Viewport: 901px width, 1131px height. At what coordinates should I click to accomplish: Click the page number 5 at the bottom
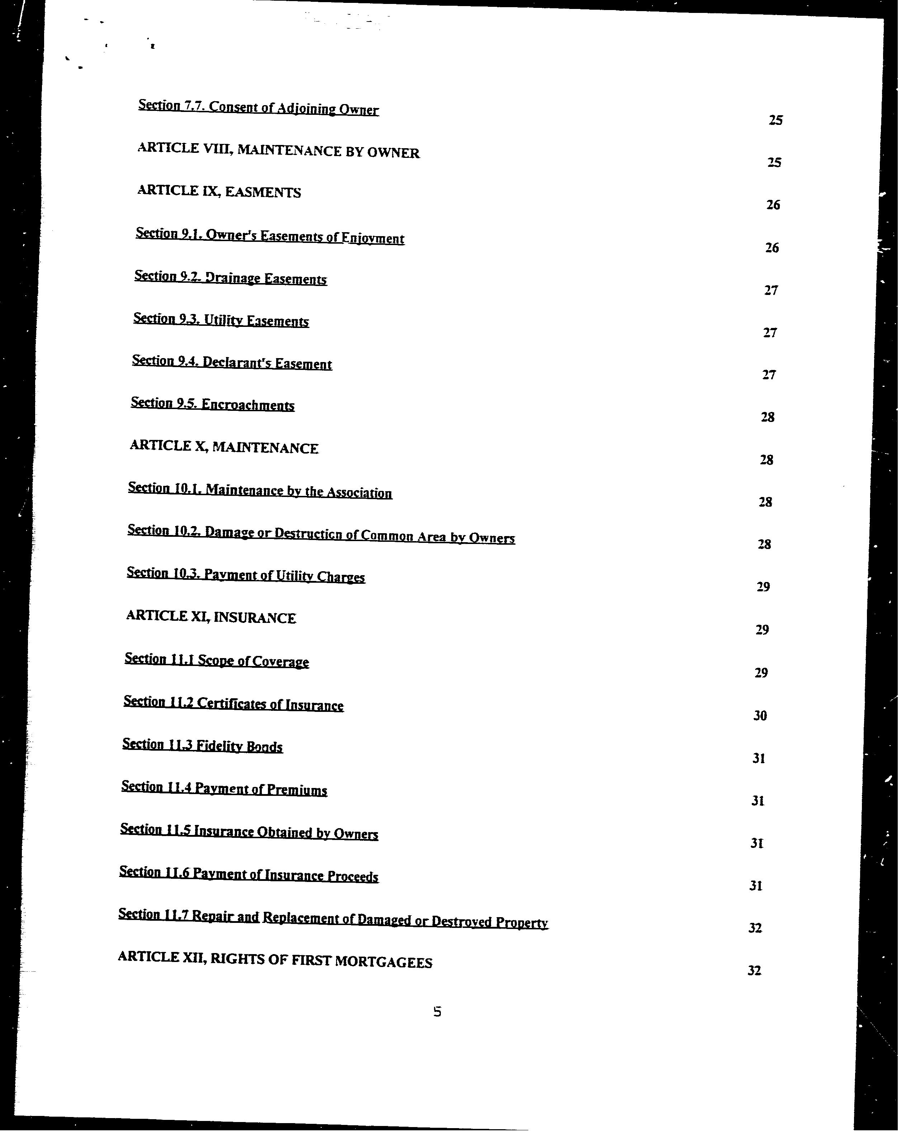click(x=437, y=1012)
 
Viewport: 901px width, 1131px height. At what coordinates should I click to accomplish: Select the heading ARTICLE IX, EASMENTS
click(x=219, y=192)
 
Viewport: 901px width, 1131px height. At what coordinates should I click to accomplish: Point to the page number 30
click(x=760, y=715)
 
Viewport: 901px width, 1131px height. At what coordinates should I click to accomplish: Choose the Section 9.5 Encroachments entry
click(x=212, y=404)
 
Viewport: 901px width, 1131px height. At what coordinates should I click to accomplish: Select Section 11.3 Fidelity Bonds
click(x=202, y=745)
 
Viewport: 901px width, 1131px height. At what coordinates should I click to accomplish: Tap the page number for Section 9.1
click(x=772, y=248)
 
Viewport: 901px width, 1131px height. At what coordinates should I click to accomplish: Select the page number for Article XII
click(x=754, y=971)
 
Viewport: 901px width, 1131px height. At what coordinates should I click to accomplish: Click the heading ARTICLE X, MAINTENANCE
click(x=224, y=447)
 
